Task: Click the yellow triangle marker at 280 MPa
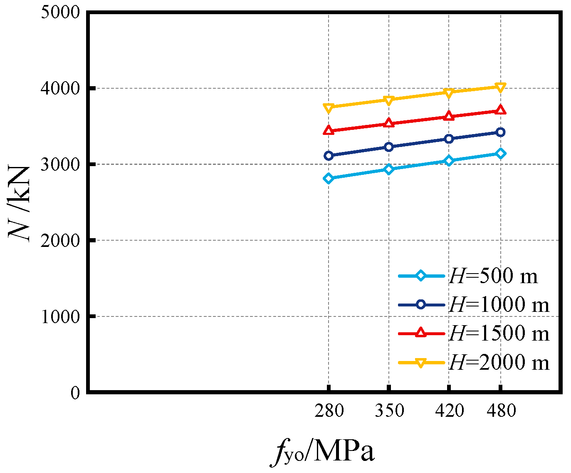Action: click(x=329, y=108)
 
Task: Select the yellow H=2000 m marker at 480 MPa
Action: click(x=501, y=87)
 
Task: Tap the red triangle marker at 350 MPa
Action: click(x=389, y=123)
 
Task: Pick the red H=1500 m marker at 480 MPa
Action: click(x=501, y=110)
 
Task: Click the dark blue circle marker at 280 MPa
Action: click(x=329, y=156)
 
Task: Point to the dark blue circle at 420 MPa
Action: click(x=449, y=139)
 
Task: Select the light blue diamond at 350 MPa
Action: click(x=389, y=169)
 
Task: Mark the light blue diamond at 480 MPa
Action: click(x=501, y=154)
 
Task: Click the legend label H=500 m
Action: click(x=493, y=276)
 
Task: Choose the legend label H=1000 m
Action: click(x=499, y=305)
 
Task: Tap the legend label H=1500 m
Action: click(x=499, y=334)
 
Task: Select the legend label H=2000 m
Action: click(x=499, y=362)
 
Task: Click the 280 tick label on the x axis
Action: click(x=329, y=411)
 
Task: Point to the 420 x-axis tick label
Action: click(x=449, y=411)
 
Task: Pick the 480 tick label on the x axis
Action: click(x=501, y=411)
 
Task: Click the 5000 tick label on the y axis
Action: click(x=60, y=12)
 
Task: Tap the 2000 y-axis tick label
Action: click(x=60, y=240)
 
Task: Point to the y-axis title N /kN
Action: click(x=20, y=202)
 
